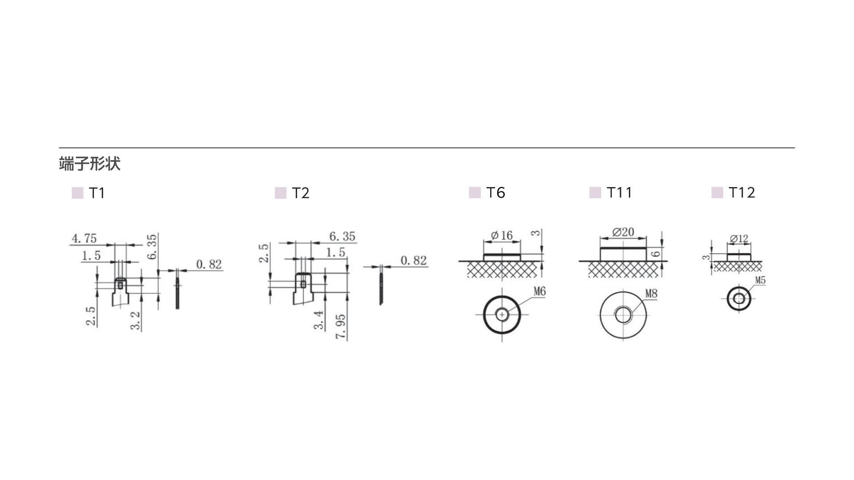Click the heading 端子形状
click(x=89, y=164)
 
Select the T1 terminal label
click(x=97, y=193)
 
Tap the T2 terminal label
click(x=301, y=193)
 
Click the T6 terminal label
click(x=495, y=192)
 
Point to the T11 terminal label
click(x=619, y=192)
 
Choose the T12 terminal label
click(x=742, y=192)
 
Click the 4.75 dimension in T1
click(x=84, y=239)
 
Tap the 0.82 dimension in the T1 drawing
click(x=209, y=264)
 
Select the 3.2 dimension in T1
click(x=135, y=320)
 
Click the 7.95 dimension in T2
click(x=341, y=327)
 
